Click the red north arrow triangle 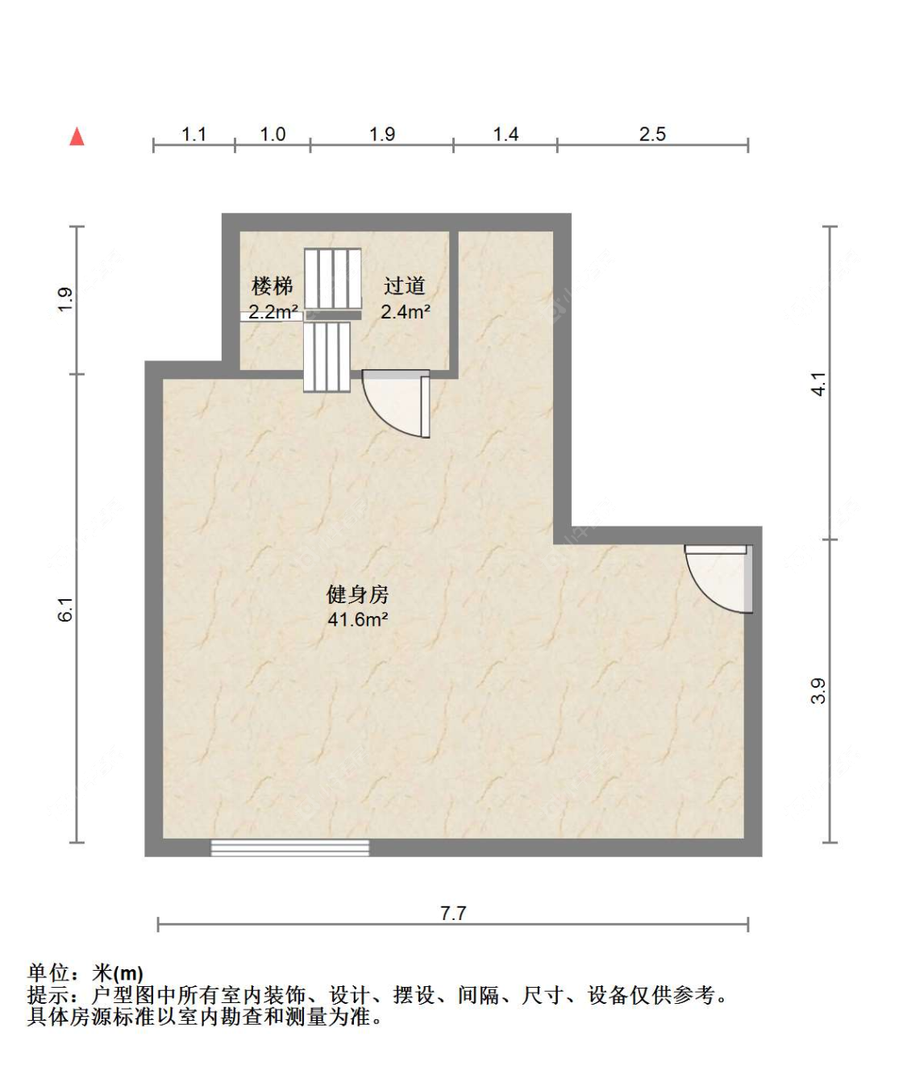click(x=77, y=136)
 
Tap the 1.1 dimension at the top click(x=194, y=135)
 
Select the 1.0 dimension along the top click(x=273, y=135)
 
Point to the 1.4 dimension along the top click(x=506, y=135)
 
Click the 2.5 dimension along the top click(x=652, y=135)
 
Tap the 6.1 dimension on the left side click(x=66, y=609)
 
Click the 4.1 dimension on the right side click(x=819, y=384)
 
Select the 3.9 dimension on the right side click(x=819, y=691)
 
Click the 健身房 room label click(x=357, y=595)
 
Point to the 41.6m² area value click(x=358, y=619)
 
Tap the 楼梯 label click(x=273, y=285)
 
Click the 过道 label click(x=404, y=285)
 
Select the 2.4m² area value click(x=406, y=311)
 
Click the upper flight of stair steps click(x=332, y=279)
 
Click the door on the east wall click(x=718, y=579)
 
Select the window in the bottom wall click(x=290, y=848)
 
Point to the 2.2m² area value click(x=273, y=311)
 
